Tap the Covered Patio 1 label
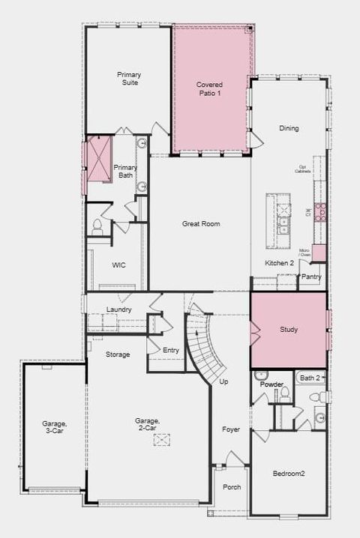coord(209,88)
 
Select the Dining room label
coord(289,128)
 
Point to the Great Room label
coord(201,223)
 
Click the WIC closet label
coord(119,265)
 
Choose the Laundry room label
coord(119,309)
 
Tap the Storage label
coord(117,354)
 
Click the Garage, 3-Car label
coord(54,427)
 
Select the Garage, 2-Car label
coord(147,424)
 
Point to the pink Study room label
coord(289,330)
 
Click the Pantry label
coord(311,276)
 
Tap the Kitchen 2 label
coord(279,263)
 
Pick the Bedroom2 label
coord(289,473)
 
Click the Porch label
coord(232,487)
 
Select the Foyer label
coord(230,429)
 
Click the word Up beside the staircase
coord(223,381)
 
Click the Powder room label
coord(271,384)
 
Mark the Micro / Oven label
coord(304,253)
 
